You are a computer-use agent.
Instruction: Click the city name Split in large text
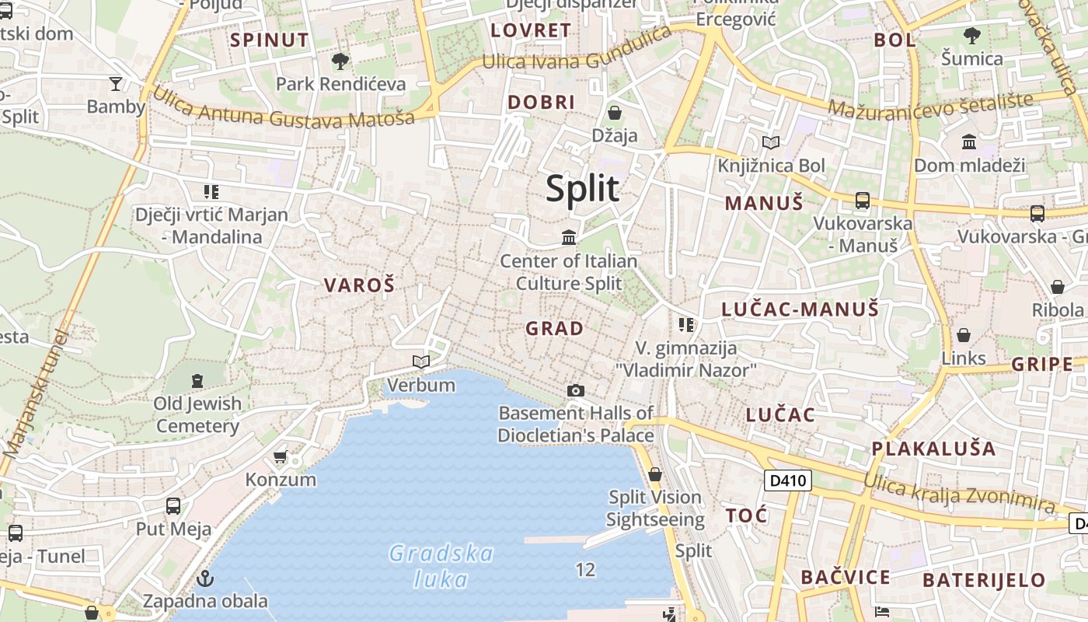pyautogui.click(x=582, y=189)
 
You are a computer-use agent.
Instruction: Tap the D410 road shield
pyautogui.click(x=788, y=480)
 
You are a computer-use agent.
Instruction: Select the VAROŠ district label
pyautogui.click(x=359, y=285)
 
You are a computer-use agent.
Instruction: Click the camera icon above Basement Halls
pyautogui.click(x=575, y=390)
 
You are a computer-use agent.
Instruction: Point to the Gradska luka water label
pyautogui.click(x=441, y=566)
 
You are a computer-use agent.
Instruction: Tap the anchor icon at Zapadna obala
pyautogui.click(x=205, y=578)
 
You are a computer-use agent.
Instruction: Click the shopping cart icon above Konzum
pyautogui.click(x=280, y=456)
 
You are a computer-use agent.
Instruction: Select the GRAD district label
pyautogui.click(x=554, y=328)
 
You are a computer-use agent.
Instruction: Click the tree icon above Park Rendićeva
pyautogui.click(x=340, y=61)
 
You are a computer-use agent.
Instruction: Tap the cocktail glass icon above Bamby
pyautogui.click(x=116, y=83)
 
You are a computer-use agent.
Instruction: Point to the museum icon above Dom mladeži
pyautogui.click(x=969, y=142)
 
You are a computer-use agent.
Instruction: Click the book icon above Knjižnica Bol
pyautogui.click(x=770, y=142)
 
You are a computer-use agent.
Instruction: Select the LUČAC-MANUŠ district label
pyautogui.click(x=800, y=309)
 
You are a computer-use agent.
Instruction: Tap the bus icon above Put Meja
pyautogui.click(x=173, y=506)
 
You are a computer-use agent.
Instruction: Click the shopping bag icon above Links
pyautogui.click(x=963, y=335)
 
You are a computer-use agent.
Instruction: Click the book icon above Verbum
pyautogui.click(x=420, y=362)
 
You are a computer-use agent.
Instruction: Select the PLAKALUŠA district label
pyautogui.click(x=933, y=449)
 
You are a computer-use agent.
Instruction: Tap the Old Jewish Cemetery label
pyautogui.click(x=197, y=414)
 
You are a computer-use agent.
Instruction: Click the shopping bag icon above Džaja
pyautogui.click(x=614, y=113)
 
